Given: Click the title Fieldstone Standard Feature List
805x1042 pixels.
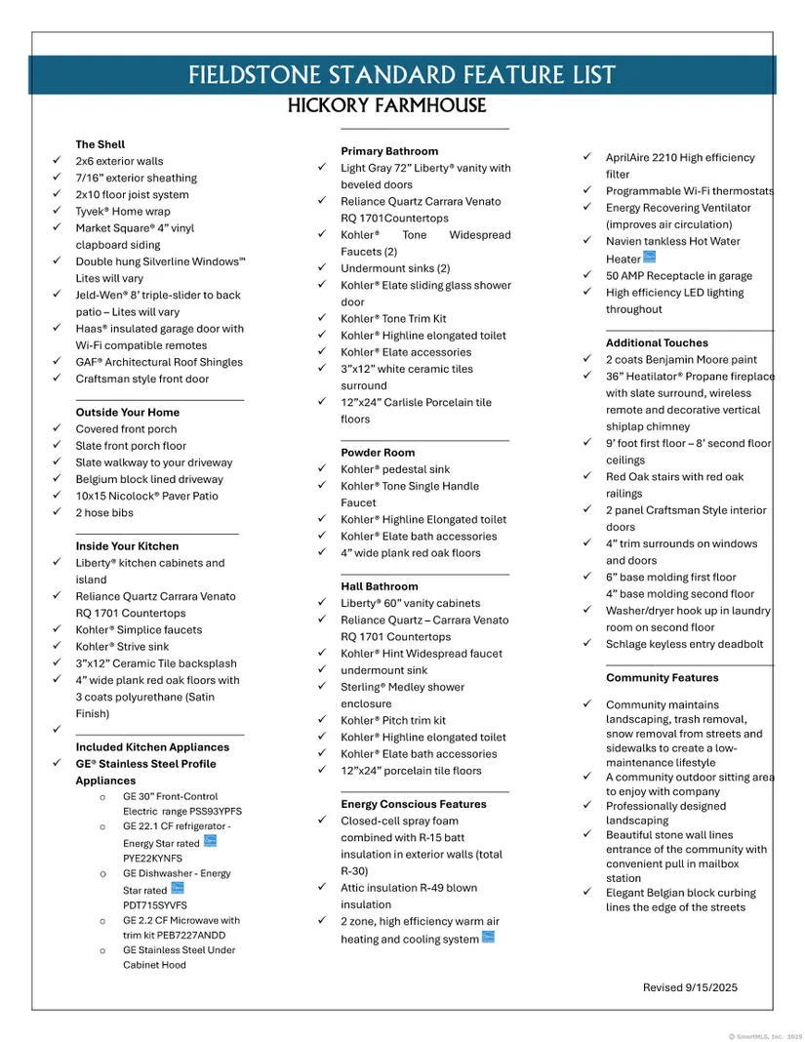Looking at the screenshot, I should (401, 75).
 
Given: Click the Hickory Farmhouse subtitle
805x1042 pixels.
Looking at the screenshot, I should (386, 105).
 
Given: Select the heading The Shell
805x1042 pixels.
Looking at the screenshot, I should (101, 144).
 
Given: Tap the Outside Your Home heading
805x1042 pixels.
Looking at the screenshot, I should (128, 413).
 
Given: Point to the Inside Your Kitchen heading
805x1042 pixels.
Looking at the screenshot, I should (127, 546).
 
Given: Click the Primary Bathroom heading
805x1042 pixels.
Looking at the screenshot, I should (389, 151).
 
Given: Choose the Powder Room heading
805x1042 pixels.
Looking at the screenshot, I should (378, 453).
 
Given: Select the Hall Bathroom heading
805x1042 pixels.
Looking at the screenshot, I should (380, 586).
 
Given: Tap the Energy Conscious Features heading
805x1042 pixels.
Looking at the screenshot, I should (414, 804).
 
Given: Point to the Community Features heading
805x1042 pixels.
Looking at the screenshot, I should (662, 678).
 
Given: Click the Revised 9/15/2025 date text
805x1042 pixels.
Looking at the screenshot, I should (690, 987).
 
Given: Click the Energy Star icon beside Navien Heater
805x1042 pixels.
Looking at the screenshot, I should (650, 259).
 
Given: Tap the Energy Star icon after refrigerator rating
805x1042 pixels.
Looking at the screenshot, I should (210, 841).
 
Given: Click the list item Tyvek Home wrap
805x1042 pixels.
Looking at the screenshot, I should (123, 212).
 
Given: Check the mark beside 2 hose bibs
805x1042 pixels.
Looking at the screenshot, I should (57, 513).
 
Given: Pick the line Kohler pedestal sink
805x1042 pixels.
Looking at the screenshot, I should (395, 469).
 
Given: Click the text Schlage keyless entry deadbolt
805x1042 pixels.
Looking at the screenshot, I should (684, 644).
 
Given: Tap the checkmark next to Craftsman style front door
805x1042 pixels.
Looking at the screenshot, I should (57, 380).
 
